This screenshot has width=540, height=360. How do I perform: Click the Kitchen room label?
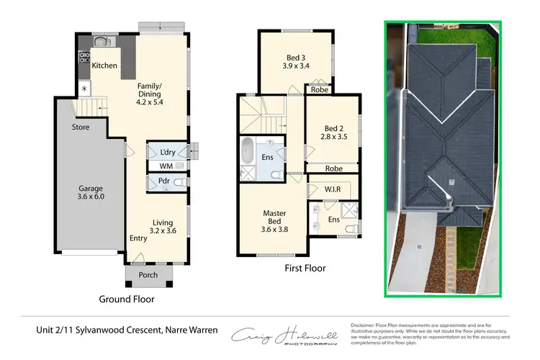(x=104, y=66)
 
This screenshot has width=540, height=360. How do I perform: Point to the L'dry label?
(x=169, y=153)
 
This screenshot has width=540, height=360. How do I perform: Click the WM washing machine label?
(x=166, y=166)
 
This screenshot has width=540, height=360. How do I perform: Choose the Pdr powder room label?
(x=163, y=181)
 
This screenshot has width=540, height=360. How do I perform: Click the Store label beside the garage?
(x=80, y=127)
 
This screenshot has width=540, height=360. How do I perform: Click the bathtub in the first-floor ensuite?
(x=248, y=152)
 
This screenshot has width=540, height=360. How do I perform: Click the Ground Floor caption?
(x=127, y=299)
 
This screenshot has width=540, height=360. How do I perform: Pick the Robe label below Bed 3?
(x=319, y=91)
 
